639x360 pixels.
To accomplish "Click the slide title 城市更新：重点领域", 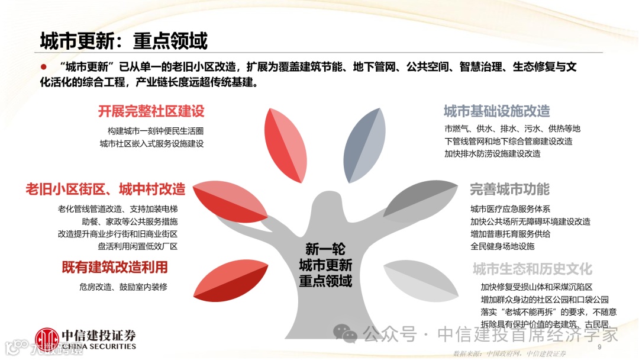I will [124, 41].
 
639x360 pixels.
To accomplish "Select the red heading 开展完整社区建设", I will [151, 111].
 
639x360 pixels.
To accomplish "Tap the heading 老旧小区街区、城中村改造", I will [105, 189].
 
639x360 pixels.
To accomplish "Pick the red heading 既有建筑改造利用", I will [115, 267].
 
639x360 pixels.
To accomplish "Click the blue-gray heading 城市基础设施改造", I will [496, 111].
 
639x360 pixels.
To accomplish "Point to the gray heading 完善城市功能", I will [509, 189].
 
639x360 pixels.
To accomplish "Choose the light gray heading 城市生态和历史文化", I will [532, 269].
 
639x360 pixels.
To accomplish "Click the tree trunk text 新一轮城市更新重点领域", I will [325, 265].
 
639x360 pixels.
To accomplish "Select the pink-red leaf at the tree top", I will [285, 146].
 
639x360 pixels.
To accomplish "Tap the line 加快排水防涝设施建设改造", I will [492, 154].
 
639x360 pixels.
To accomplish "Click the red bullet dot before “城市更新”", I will [43, 66].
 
